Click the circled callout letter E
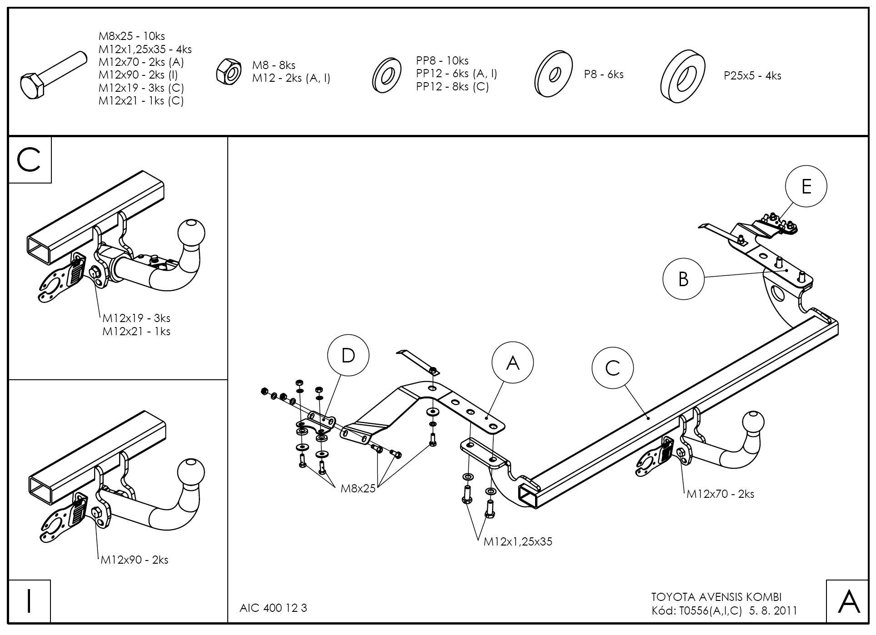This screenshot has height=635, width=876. click(x=806, y=186)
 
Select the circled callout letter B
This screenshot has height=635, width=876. click(x=683, y=279)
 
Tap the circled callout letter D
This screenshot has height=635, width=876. click(x=348, y=356)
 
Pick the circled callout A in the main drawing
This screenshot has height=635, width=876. click(x=512, y=363)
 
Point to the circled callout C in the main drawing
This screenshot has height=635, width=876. click(x=613, y=368)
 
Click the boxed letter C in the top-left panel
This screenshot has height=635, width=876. click(x=30, y=160)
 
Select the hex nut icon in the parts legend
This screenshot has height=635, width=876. click(x=229, y=71)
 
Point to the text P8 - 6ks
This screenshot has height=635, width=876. click(x=604, y=74)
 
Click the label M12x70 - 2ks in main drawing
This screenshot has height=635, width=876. click(x=720, y=494)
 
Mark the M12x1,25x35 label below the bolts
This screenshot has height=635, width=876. click(x=518, y=541)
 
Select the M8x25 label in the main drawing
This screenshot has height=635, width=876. click(x=358, y=488)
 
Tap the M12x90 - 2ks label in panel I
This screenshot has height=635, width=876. click(x=135, y=560)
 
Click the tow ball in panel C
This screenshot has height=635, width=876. click(x=191, y=233)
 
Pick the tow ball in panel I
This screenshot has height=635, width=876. click(x=191, y=472)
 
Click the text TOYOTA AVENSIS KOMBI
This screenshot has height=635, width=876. click(x=716, y=597)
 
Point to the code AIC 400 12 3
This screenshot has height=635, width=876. click(x=273, y=608)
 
